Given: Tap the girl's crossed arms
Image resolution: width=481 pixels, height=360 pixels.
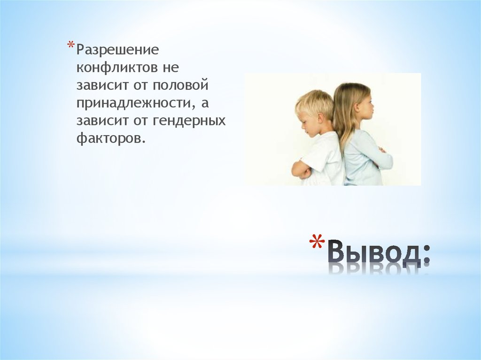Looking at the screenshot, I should pyautogui.click(x=382, y=157).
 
